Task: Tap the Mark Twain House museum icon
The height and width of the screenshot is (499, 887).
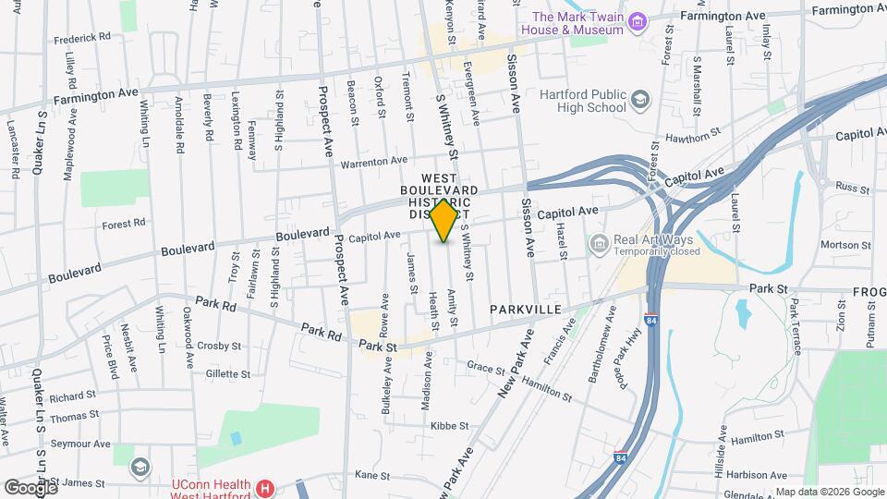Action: click(x=636, y=21)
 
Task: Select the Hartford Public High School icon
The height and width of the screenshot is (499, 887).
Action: click(x=640, y=98)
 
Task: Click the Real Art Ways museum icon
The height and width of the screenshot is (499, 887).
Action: click(x=599, y=244)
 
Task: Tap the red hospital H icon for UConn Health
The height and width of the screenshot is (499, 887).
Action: click(x=265, y=487)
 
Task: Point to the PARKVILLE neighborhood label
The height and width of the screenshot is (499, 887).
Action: click(x=525, y=309)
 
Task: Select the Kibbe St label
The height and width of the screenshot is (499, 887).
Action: click(x=449, y=426)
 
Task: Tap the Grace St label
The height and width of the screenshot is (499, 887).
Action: click(x=484, y=367)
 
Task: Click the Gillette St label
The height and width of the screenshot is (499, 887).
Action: click(x=227, y=374)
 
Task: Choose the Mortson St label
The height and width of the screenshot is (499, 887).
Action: click(x=839, y=245)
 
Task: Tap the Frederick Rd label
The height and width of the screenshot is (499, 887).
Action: click(x=82, y=39)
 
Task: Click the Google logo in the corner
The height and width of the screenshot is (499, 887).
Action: click(x=30, y=487)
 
